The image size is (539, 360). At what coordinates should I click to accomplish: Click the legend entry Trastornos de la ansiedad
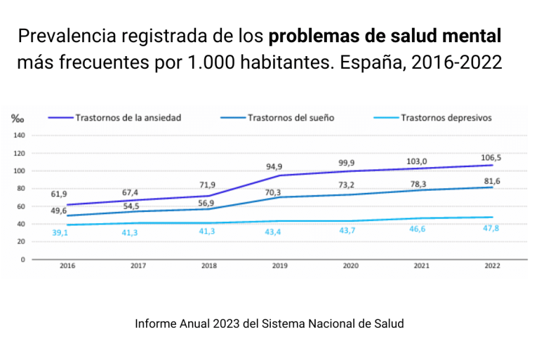point(128,118)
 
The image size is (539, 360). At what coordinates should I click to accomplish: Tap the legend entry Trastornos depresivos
point(446,118)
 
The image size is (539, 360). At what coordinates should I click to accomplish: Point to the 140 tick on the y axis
point(19,135)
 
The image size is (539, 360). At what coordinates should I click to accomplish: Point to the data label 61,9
point(59,194)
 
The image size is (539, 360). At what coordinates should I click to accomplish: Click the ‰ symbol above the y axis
point(18,119)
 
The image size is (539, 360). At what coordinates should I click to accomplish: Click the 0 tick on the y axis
point(23,259)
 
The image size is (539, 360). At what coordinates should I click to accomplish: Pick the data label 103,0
point(417,162)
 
